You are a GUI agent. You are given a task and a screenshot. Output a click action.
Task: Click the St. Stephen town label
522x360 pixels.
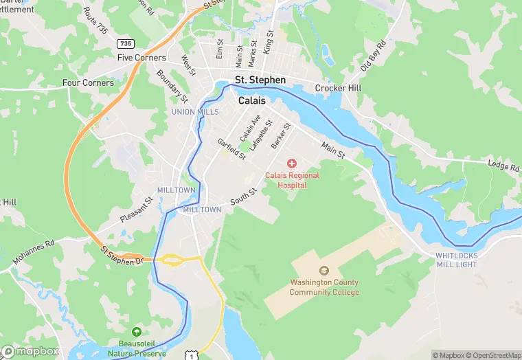[x=260, y=80]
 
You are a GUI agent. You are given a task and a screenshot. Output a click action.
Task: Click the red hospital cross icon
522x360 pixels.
[x=292, y=164]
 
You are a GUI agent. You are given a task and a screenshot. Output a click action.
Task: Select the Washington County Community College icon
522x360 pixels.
[x=324, y=271]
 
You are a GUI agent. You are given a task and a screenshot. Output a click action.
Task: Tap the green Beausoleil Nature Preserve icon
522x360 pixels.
[x=137, y=332]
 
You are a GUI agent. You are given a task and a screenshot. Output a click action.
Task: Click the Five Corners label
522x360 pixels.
[x=142, y=58]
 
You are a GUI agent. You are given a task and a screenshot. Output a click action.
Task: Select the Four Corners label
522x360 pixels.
[x=88, y=83]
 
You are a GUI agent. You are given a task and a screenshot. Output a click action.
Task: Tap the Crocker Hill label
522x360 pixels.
[x=338, y=89]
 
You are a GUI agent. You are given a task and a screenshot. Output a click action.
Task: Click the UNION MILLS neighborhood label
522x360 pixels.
[x=195, y=112]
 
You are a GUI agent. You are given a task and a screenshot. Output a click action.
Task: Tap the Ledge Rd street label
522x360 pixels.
[x=503, y=166]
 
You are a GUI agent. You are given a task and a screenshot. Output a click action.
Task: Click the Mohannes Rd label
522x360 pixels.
[x=33, y=253]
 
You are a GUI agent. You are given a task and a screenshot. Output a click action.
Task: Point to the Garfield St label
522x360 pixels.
[x=231, y=149]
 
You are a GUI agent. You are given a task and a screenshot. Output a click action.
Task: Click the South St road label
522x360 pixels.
[x=242, y=199]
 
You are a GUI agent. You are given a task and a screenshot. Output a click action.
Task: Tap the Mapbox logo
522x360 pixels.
[x=30, y=351]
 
